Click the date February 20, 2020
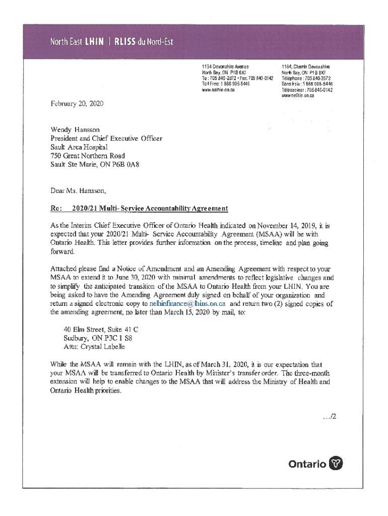[76, 103]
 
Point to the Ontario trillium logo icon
[336, 464]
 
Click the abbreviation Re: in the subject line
[55, 208]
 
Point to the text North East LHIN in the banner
[76, 42]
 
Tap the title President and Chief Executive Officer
[106, 138]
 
